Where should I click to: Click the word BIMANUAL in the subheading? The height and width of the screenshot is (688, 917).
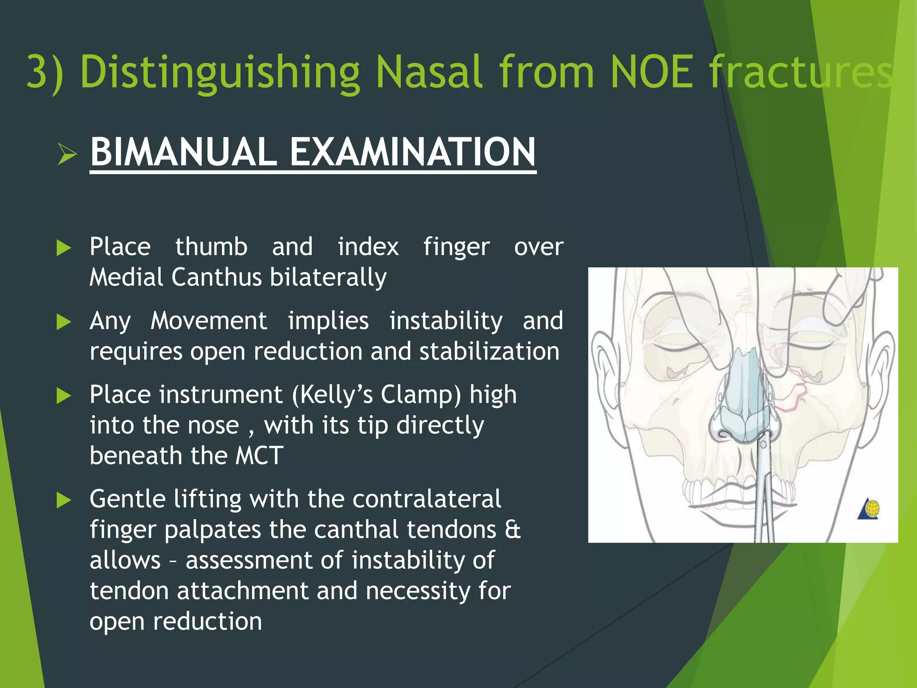tap(184, 152)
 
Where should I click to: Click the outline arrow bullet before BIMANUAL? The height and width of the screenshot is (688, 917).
tap(68, 155)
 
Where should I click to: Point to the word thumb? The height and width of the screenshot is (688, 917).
tap(211, 247)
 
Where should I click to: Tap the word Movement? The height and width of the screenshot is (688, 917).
tap(209, 321)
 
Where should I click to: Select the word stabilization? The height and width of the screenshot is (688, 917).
tap(489, 352)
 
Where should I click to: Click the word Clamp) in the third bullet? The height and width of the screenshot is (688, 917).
tap(420, 395)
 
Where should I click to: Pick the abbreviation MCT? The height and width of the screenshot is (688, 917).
tap(259, 456)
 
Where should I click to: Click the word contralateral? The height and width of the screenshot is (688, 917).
tap(426, 499)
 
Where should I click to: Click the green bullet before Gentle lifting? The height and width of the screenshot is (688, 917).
tap(64, 500)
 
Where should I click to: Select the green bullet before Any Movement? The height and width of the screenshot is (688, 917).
tap(64, 322)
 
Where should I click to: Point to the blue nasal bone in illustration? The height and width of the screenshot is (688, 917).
tap(743, 385)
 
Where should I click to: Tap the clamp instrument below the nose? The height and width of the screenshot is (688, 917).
tap(764, 493)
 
